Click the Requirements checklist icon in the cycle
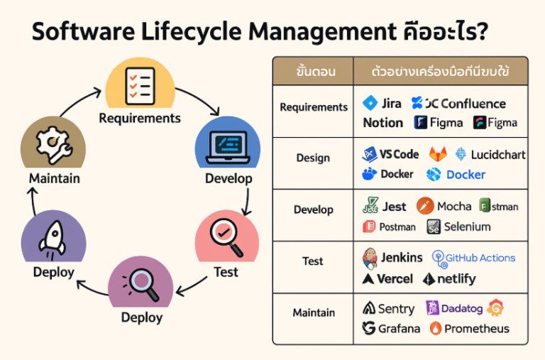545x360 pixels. click(139, 84)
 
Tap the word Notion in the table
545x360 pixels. click(382, 123)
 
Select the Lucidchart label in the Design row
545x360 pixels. click(497, 154)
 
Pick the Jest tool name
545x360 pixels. click(394, 207)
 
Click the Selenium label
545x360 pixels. click(467, 227)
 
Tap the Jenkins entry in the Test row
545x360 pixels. click(401, 258)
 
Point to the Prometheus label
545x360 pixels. click(476, 329)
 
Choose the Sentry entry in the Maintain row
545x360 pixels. click(396, 309)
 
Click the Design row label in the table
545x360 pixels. click(313, 158)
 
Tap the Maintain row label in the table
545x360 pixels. click(313, 312)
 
